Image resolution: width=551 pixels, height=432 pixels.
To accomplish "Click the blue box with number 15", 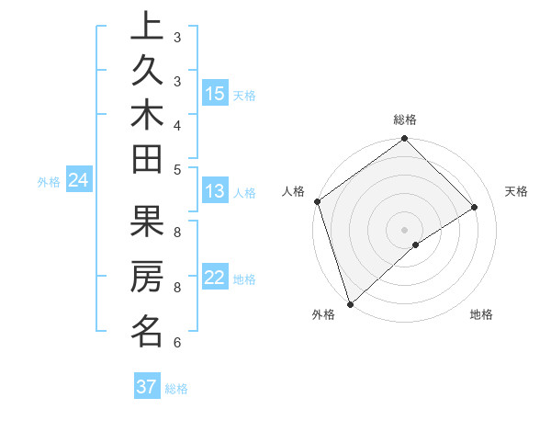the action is coord(215,94).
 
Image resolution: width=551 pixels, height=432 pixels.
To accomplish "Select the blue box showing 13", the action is coord(214,192).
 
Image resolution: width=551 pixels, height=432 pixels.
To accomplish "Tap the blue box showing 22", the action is coord(214,278).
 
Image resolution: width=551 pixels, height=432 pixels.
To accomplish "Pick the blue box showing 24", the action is coord(78,181).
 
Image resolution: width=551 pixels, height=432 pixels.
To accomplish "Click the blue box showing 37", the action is coord(146,387).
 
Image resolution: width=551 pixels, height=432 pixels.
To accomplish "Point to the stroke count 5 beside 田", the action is coord(177,168).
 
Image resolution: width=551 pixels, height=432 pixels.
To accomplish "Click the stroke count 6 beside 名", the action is coord(177,343).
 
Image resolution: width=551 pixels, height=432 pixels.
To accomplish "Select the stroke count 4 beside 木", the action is coord(177,124).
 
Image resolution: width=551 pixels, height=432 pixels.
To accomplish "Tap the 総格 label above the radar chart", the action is coord(405,119).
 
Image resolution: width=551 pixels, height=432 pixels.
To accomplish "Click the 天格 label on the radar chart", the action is coord(516,191).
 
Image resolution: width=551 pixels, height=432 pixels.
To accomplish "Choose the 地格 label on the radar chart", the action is coord(481,314).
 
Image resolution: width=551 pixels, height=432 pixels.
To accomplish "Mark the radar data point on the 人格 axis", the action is coord(317,201).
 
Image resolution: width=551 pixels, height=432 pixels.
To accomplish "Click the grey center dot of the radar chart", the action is coord(404,229).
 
